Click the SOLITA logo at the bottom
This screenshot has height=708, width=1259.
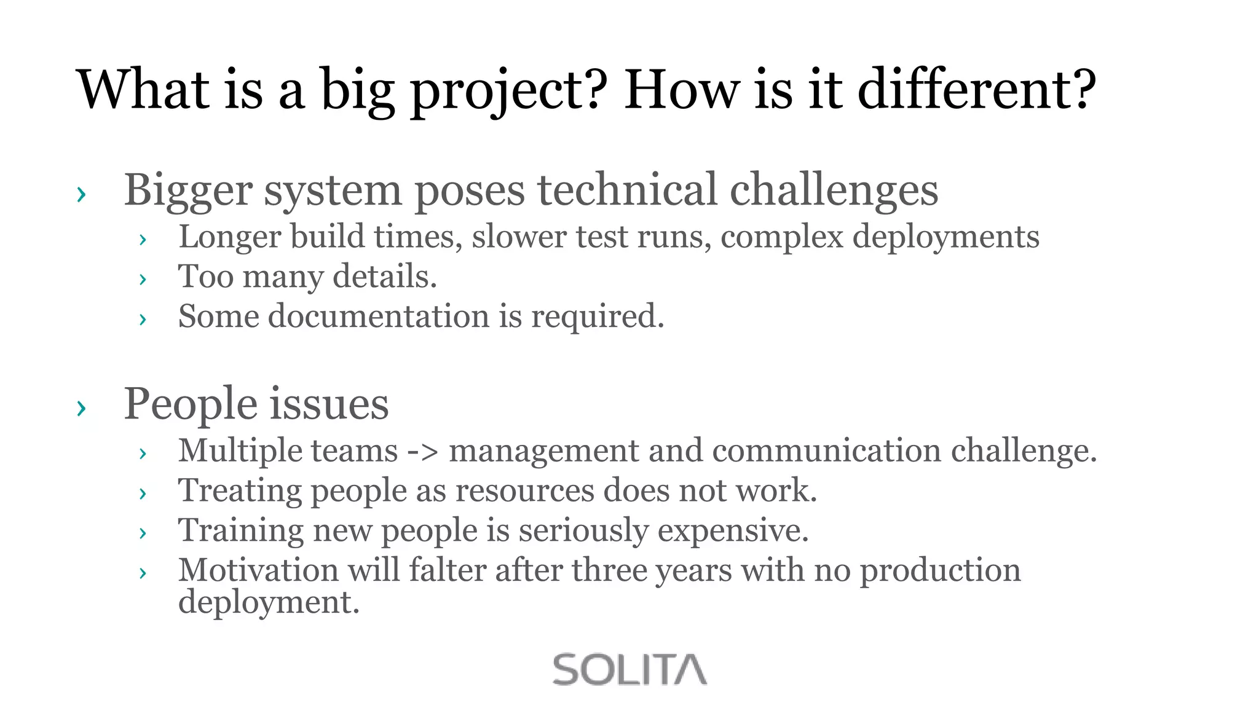point(629,669)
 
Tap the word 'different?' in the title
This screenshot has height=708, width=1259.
point(976,90)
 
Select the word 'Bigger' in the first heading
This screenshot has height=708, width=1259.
point(188,191)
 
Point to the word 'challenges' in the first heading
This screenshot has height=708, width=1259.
point(834,191)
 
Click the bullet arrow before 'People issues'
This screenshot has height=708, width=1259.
point(81,407)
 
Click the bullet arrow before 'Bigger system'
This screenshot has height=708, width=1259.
point(81,194)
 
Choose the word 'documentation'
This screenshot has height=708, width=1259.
point(378,317)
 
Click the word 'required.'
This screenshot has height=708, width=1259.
point(598,318)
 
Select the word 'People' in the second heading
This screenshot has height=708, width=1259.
point(191,404)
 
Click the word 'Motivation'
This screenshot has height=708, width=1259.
point(258,570)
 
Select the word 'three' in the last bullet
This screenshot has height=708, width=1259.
point(609,570)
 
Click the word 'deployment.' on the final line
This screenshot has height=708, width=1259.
point(269,602)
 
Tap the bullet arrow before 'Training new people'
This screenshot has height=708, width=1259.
point(143,533)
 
